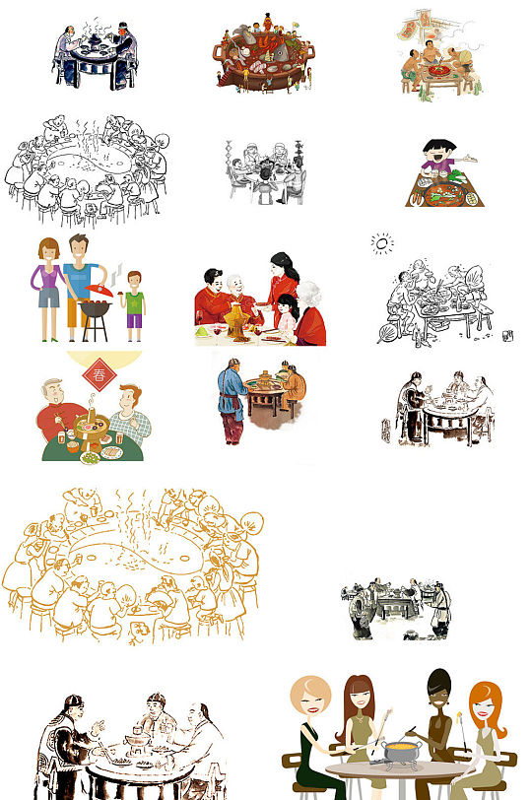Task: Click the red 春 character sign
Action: pyautogui.click(x=97, y=374)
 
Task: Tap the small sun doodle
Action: pyautogui.click(x=381, y=242)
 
